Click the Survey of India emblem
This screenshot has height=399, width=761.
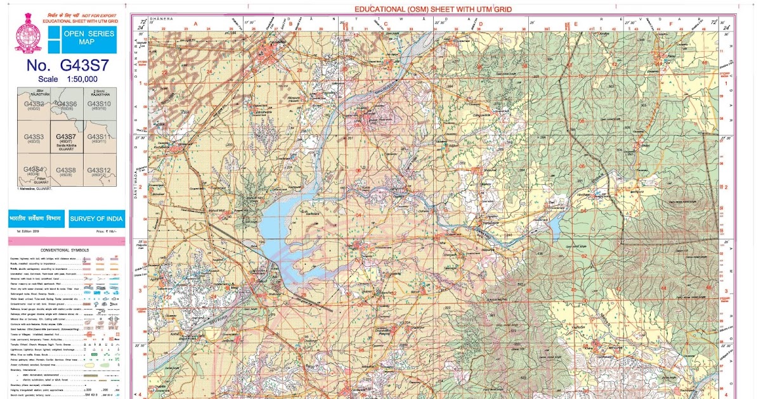[x=24, y=33]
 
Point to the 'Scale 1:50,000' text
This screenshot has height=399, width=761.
[x=67, y=79]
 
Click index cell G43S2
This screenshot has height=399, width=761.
[x=34, y=104]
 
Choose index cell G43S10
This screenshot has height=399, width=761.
[x=99, y=104]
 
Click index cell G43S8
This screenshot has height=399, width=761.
[x=66, y=170]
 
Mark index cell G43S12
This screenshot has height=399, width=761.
[x=99, y=170]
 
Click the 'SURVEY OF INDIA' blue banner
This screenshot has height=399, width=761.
[x=97, y=219]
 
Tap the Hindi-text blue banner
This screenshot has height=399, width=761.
[x=35, y=219]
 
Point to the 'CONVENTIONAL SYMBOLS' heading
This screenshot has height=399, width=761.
[x=67, y=250]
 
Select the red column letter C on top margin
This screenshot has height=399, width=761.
[x=386, y=23]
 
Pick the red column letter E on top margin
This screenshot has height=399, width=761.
[x=575, y=24]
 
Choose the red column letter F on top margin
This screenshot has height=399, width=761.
[x=670, y=24]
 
